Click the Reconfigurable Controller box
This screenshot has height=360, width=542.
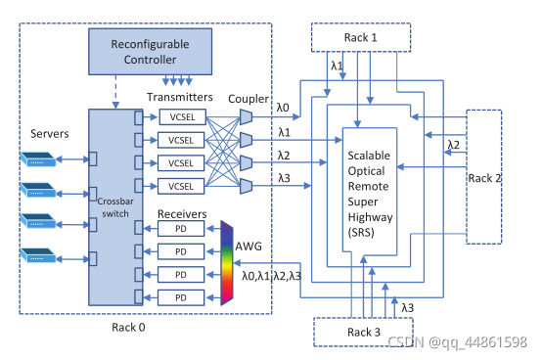[x=150, y=52]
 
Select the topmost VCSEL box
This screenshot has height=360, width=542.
[x=183, y=117]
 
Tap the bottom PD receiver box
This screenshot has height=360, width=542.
[x=181, y=297]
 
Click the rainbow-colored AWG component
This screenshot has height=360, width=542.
[x=227, y=263]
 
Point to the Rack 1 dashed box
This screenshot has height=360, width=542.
[x=361, y=37]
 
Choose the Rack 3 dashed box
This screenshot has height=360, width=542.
[x=363, y=332]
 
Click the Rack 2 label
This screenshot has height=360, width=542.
[x=484, y=178]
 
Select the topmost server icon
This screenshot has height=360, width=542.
[x=38, y=159]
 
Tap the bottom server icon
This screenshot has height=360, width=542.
[x=38, y=255]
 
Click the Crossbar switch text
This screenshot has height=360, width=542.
[x=115, y=207]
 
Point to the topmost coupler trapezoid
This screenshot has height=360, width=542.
[x=246, y=117]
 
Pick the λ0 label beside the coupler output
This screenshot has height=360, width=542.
[x=283, y=108]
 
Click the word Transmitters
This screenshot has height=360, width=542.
[x=180, y=97]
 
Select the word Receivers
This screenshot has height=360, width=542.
[x=182, y=214]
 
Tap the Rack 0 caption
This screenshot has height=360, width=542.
[x=128, y=327]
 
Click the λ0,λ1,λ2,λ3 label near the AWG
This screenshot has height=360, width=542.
[x=271, y=276]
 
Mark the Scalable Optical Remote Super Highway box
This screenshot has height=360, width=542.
[x=370, y=192]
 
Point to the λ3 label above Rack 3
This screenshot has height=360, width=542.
[x=408, y=307]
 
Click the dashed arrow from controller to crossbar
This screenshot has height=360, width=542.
[x=115, y=92]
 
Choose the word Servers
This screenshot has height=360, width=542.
[x=50, y=134]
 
